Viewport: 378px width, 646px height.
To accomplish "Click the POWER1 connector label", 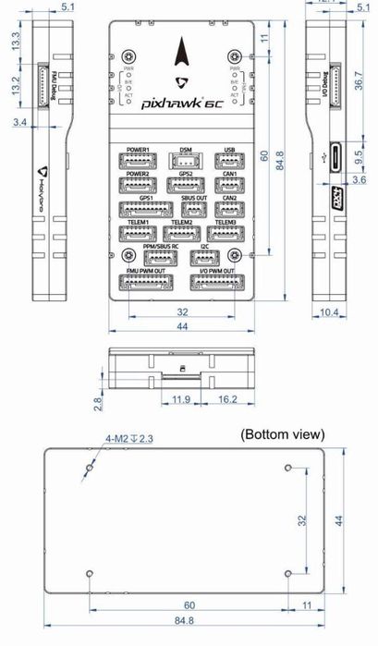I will pyautogui.click(x=140, y=148).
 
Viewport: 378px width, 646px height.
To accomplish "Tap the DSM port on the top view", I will pyautogui.click(x=186, y=160).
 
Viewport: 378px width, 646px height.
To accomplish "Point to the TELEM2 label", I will pyautogui.click(x=182, y=223).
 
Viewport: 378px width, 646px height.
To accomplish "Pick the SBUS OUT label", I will pyautogui.click(x=194, y=198).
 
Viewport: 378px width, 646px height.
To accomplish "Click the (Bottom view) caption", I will pyautogui.click(x=282, y=433).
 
